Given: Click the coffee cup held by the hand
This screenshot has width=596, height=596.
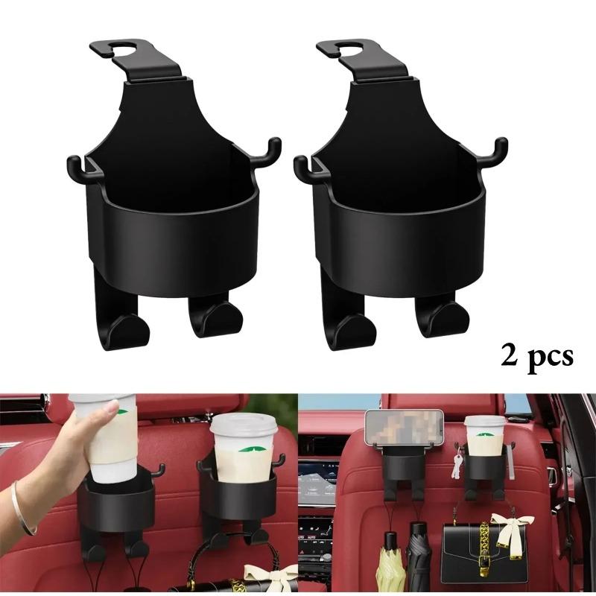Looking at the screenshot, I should coord(104,440).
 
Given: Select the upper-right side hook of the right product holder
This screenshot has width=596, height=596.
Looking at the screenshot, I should coord(500,148).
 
